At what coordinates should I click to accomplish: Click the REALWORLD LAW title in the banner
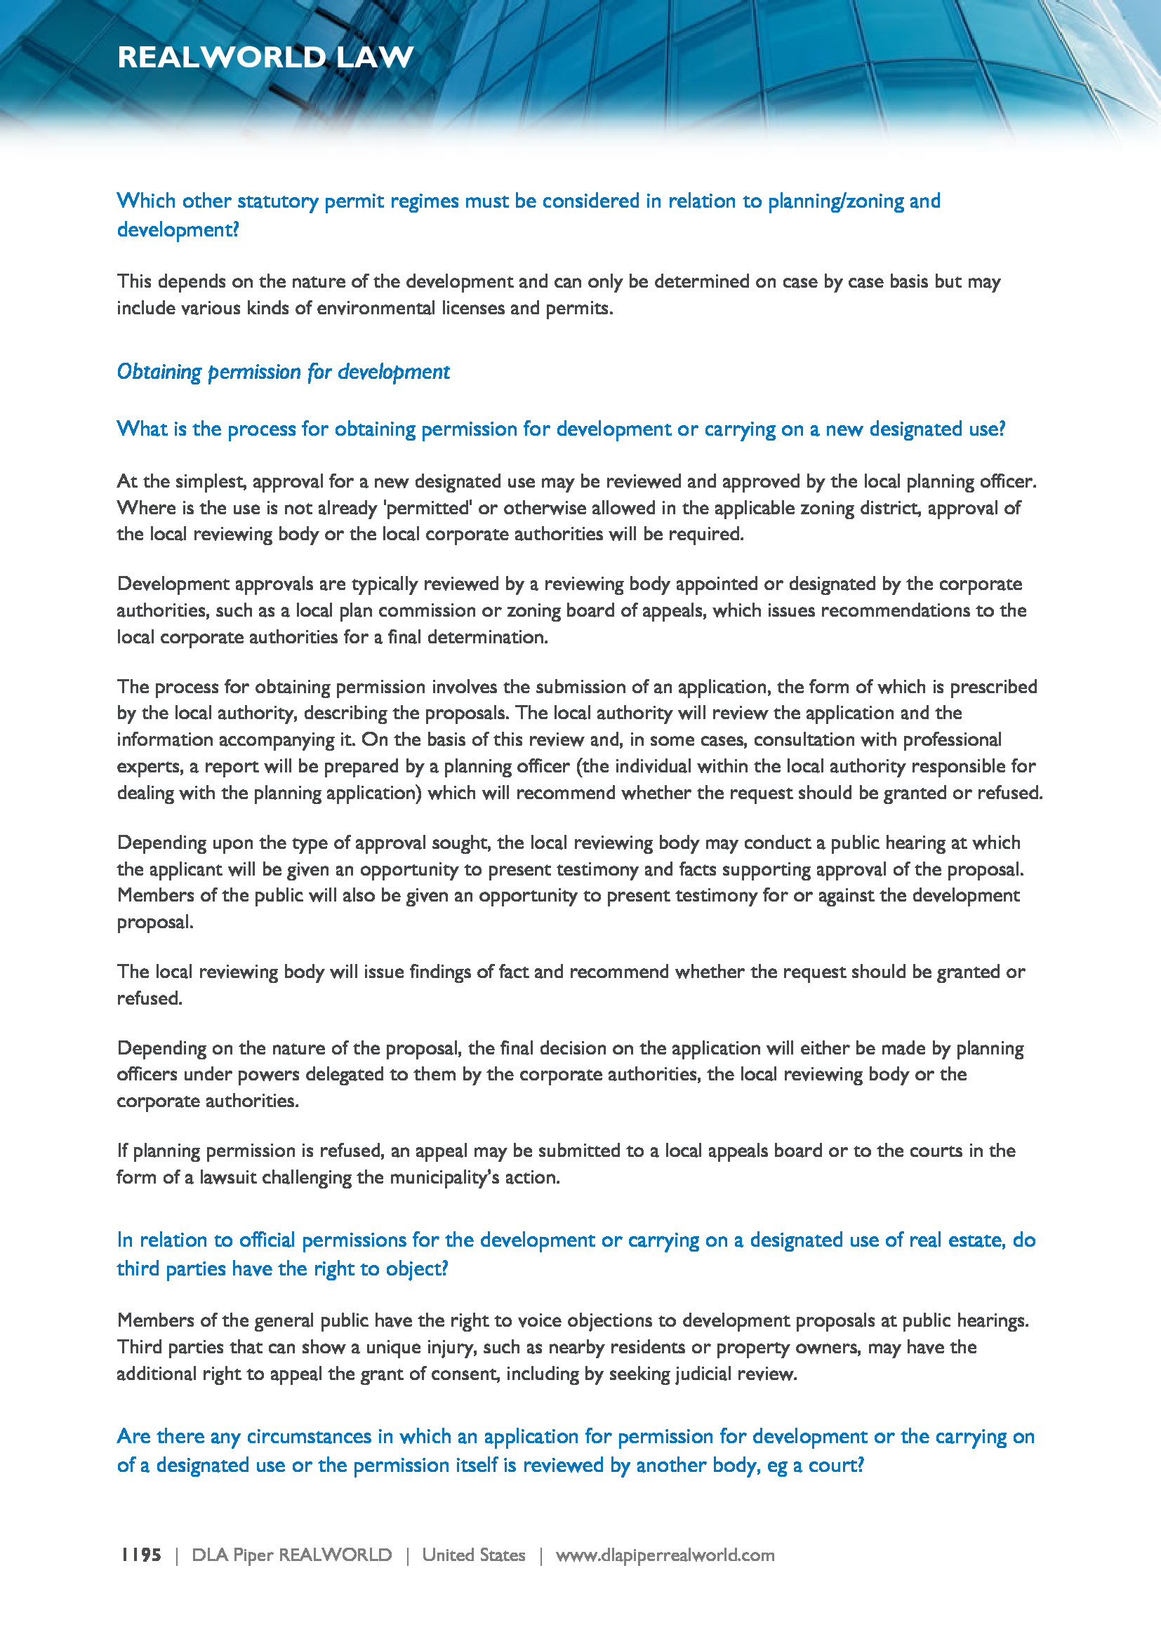[x=265, y=57]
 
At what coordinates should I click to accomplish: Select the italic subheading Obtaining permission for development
[x=283, y=372]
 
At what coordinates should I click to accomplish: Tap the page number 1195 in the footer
[x=141, y=1555]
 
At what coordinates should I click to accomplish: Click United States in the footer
[x=473, y=1555]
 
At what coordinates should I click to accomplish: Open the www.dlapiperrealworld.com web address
[x=665, y=1555]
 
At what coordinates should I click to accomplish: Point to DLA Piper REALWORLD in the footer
[x=292, y=1555]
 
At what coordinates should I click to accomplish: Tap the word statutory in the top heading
[x=277, y=201]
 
